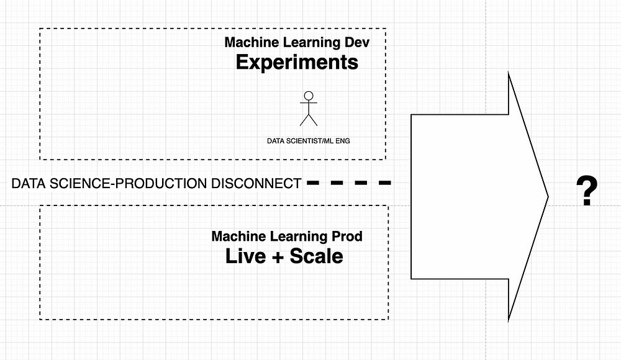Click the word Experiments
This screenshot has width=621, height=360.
click(x=297, y=63)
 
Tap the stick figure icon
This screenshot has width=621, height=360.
click(x=308, y=109)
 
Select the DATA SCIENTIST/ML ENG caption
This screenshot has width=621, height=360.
click(x=308, y=141)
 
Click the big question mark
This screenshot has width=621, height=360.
click(x=586, y=192)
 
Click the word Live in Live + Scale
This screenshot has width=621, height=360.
click(x=246, y=256)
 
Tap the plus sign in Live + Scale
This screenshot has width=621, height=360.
click(x=278, y=256)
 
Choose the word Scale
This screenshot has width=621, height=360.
click(x=317, y=256)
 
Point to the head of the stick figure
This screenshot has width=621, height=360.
click(x=308, y=96)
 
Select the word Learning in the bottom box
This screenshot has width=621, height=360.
click(x=296, y=236)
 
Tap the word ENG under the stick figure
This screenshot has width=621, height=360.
click(x=342, y=141)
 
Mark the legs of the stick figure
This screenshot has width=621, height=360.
click(x=308, y=119)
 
